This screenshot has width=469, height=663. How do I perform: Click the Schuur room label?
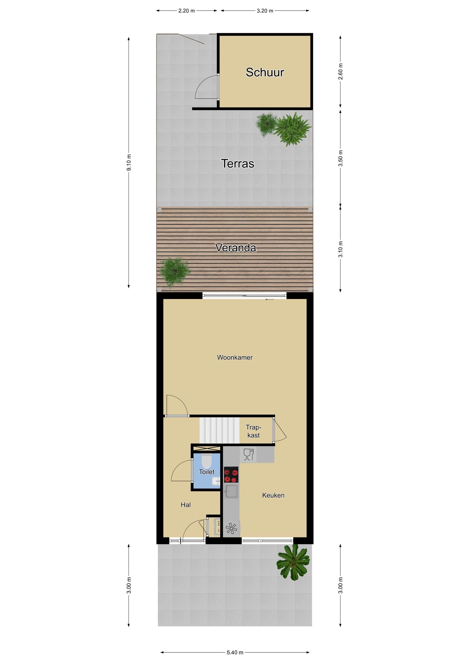coord(265,72)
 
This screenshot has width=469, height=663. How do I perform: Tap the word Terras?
coord(237,163)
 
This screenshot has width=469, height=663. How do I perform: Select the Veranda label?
coord(236,248)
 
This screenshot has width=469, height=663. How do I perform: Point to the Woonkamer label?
coord(235,357)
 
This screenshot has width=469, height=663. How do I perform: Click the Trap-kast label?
coord(253,431)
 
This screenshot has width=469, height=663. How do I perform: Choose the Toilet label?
coord(207,472)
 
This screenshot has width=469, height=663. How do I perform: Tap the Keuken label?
coord(273,495)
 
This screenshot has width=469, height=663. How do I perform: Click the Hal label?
coord(186,505)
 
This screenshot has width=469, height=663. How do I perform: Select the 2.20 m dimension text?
coord(187,11)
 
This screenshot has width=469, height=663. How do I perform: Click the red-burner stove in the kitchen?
coord(231,474)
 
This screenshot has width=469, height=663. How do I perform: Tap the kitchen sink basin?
coord(232,491)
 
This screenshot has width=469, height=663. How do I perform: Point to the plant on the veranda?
coord(174,271)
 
